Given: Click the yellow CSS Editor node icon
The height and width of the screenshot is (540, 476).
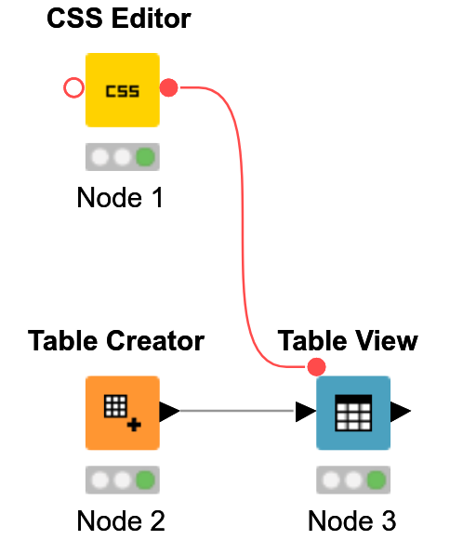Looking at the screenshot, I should [122, 90].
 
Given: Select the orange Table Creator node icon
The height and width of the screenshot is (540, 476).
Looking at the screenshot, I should [122, 413].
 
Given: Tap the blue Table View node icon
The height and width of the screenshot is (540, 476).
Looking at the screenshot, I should [353, 413].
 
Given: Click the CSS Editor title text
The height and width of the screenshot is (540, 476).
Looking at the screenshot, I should [119, 19].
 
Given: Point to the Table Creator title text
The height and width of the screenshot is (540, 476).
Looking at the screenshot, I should [116, 341].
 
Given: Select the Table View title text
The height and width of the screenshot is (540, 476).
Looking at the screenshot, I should [348, 341].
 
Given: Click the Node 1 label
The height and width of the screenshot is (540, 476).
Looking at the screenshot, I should [120, 197].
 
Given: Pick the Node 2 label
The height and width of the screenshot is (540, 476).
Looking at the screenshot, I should [120, 520].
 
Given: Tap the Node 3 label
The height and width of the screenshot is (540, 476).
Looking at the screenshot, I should [352, 520].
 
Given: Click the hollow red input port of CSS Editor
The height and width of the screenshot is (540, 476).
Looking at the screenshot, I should [73, 88].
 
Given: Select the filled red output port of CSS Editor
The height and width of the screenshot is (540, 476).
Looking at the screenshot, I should [168, 88].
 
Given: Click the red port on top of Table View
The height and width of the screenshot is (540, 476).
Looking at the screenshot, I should [316, 366].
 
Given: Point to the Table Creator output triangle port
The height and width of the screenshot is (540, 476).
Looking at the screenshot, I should [168, 411].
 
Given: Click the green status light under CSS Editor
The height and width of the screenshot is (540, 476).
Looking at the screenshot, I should [145, 157].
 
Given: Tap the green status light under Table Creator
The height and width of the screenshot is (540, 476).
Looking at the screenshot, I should [145, 481].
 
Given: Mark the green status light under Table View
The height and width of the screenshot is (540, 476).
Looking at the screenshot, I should [377, 481].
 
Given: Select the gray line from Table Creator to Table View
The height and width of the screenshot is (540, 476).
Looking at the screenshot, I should [237, 411].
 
